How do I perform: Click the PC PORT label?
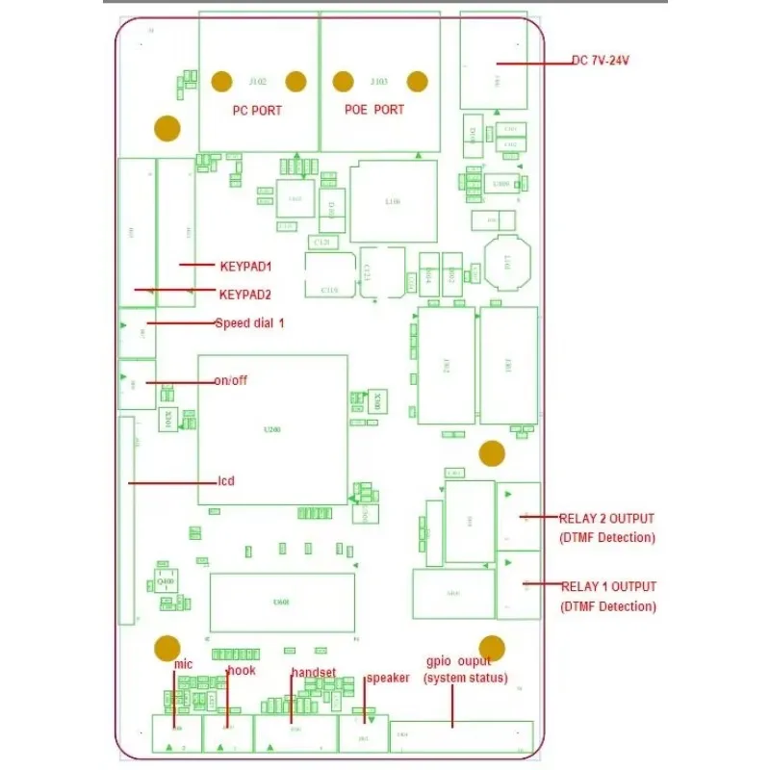tap(258, 111)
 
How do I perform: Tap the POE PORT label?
tap(374, 110)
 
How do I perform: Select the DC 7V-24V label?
tap(601, 61)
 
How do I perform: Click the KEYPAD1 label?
tap(246, 266)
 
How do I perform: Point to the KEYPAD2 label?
tap(245, 295)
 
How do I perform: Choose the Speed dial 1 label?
tap(250, 323)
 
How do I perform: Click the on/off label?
tap(231, 380)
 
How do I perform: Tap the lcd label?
tap(226, 481)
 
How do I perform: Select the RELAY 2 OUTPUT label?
tap(606, 519)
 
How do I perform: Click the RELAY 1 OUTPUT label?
tap(608, 586)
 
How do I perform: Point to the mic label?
tap(184, 664)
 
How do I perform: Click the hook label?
tap(242, 671)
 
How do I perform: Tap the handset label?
tap(314, 673)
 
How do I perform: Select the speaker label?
tap(388, 678)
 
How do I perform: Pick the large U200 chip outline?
tap(272, 429)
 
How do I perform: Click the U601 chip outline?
tap(282, 603)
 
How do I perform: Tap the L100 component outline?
tap(393, 201)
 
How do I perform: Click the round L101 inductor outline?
tap(507, 261)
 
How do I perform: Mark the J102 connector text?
tap(258, 81)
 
